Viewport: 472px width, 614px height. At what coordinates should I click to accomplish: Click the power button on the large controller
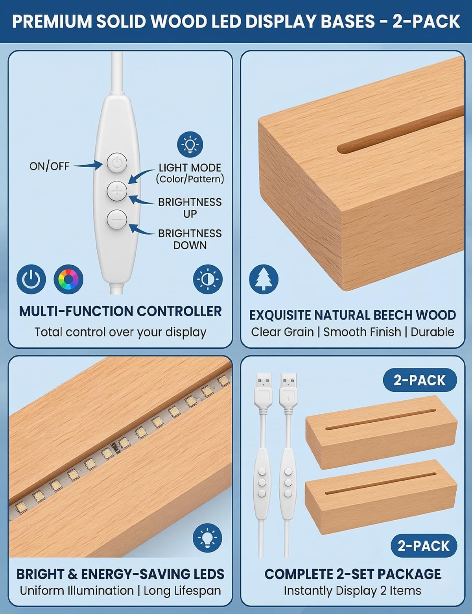[116, 163]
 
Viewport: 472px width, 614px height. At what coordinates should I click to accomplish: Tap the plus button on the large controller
[116, 191]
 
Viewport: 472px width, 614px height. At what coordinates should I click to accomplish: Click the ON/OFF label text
[50, 166]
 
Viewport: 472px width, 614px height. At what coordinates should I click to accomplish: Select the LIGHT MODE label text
[190, 168]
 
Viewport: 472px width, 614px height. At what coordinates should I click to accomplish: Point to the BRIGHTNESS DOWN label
[190, 239]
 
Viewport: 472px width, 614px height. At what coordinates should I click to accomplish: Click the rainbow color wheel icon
[68, 279]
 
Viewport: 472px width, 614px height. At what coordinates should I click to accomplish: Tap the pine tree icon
[264, 279]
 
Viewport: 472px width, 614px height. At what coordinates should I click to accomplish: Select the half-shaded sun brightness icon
[208, 279]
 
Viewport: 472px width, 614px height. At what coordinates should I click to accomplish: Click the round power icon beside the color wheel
[31, 279]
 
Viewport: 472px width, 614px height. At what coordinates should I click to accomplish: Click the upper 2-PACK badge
[420, 380]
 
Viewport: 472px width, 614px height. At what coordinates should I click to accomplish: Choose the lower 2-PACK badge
[424, 546]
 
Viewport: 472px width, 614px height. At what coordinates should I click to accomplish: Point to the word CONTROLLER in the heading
[179, 311]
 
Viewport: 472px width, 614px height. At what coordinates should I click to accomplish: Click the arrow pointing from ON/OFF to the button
[88, 165]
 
